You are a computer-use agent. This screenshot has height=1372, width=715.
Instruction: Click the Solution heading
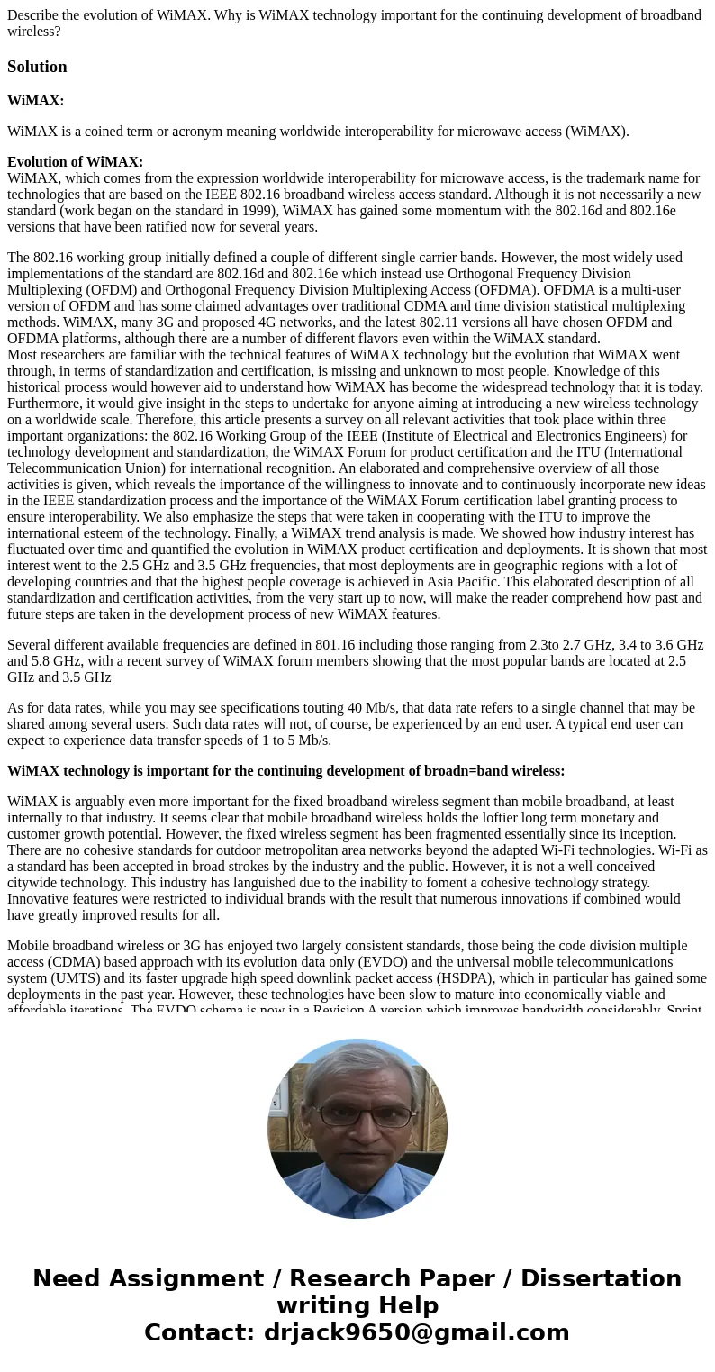(37, 67)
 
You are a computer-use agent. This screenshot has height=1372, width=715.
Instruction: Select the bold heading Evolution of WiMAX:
(75, 162)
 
